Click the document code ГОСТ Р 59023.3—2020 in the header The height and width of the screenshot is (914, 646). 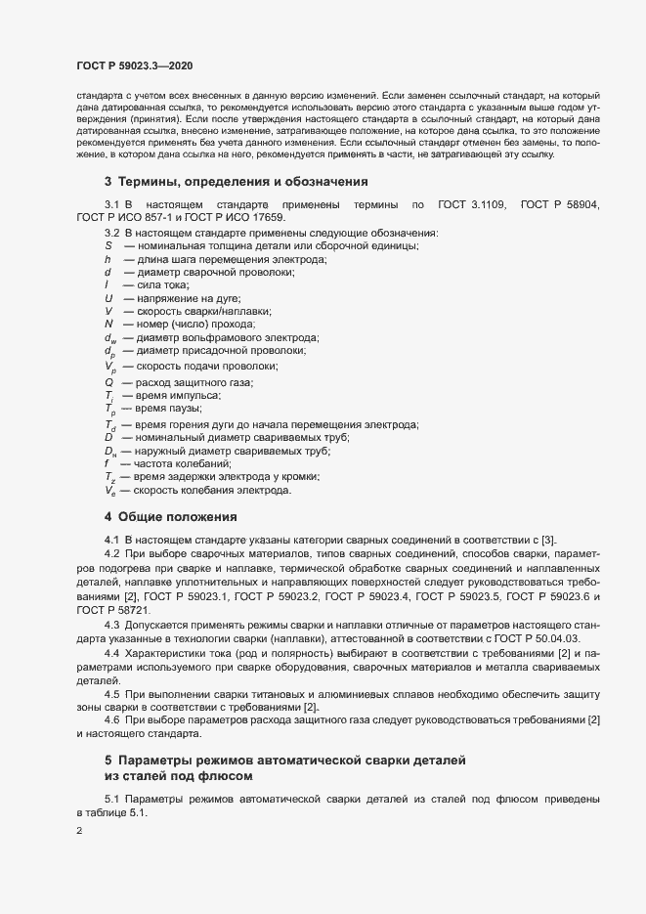pos(134,65)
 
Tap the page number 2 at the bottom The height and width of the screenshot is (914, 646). pos(79,832)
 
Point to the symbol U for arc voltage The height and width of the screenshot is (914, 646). pos(108,297)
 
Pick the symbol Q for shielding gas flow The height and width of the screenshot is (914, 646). pos(108,380)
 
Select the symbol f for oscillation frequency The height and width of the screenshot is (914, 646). pos(108,463)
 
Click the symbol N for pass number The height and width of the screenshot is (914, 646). pos(108,324)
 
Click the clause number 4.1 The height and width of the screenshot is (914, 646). pos(111,540)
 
